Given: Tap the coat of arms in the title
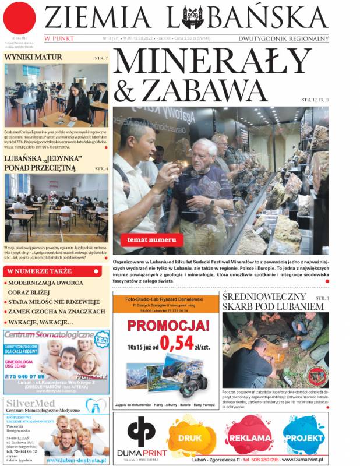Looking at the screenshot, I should tap(192, 17).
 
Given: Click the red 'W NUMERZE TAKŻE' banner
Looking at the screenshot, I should tap(39, 271).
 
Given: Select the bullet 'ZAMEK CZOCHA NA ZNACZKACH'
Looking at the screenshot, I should tap(52, 312).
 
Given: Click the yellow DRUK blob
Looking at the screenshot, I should tap(190, 438).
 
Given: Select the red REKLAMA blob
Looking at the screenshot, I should tap(249, 438).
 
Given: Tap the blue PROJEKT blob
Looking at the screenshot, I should tap(303, 438).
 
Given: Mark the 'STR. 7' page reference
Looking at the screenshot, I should tap(101, 59).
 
